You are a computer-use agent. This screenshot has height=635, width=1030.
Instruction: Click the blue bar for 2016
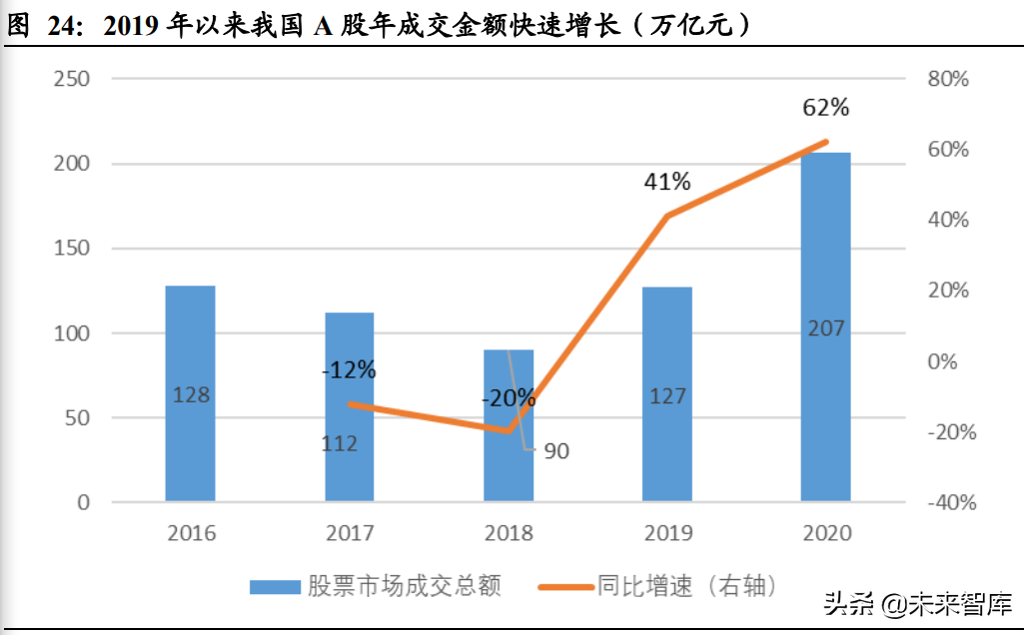pyautogui.click(x=190, y=393)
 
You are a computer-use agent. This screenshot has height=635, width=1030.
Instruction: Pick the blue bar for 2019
pyautogui.click(x=667, y=393)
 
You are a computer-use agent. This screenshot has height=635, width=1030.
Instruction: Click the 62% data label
pyautogui.click(x=825, y=107)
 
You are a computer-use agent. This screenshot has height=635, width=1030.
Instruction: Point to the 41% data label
pyautogui.click(x=666, y=182)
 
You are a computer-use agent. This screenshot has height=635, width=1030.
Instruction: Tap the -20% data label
pyautogui.click(x=509, y=398)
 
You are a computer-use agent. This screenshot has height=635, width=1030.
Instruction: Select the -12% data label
pyautogui.click(x=349, y=370)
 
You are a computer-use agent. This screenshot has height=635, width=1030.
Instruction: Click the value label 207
pyautogui.click(x=825, y=327)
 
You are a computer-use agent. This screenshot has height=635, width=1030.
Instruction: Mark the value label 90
pyautogui.click(x=556, y=451)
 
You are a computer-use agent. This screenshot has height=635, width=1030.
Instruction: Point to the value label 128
pyautogui.click(x=190, y=394)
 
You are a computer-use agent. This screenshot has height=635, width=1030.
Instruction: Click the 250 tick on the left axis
pyautogui.click(x=70, y=79)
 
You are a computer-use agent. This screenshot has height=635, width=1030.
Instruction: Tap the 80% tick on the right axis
pyautogui.click(x=948, y=79)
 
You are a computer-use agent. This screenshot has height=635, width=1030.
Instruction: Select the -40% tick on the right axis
pyautogui.click(x=951, y=502)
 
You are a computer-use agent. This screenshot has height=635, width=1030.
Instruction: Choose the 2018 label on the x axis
pyautogui.click(x=509, y=533)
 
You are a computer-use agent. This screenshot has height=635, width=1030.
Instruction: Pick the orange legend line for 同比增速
pyautogui.click(x=566, y=586)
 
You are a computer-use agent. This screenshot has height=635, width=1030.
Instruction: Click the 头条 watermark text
pyautogui.click(x=845, y=603)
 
